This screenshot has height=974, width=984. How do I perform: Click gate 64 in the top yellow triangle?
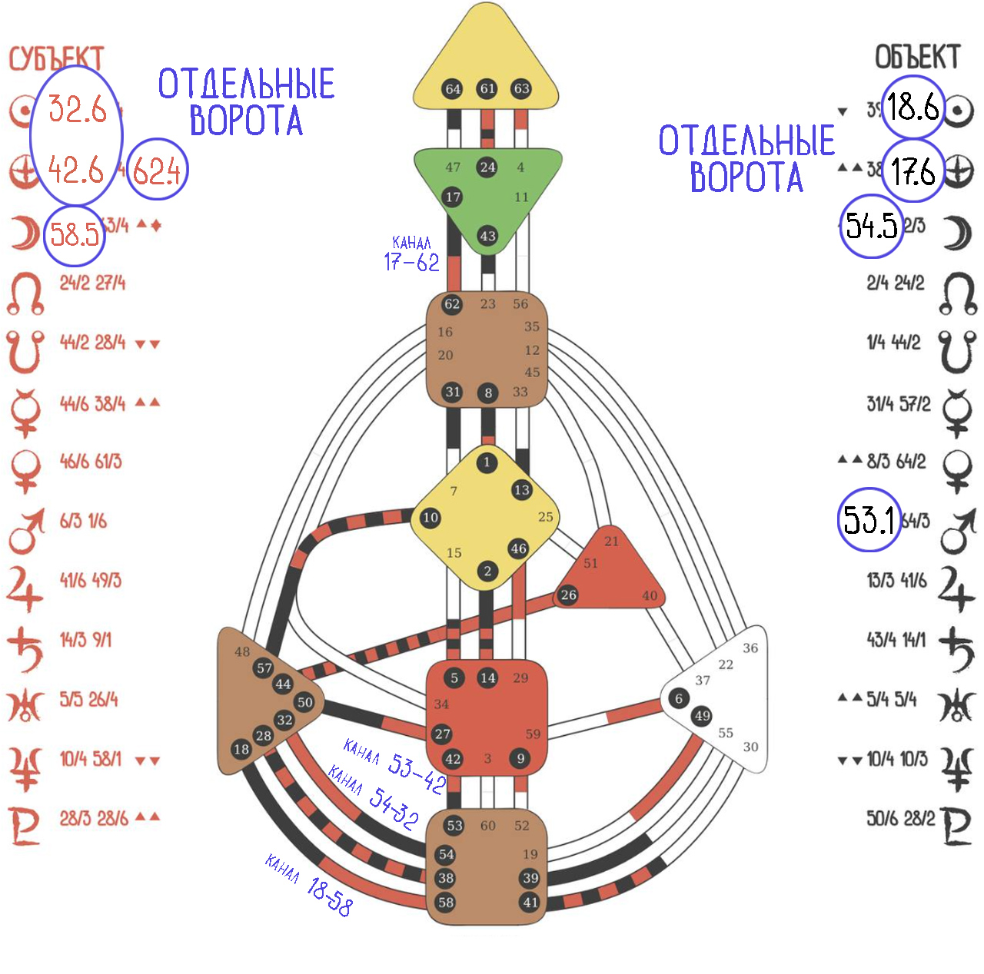click(453, 89)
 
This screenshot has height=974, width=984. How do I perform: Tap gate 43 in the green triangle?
click(487, 236)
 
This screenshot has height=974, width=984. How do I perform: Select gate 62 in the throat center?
click(452, 304)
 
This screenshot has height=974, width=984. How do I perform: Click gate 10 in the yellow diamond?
click(430, 518)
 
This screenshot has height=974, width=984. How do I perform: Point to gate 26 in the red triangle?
click(568, 595)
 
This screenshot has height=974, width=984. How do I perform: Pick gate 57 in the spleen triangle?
click(264, 668)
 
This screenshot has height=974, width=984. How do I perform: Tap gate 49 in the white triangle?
click(702, 716)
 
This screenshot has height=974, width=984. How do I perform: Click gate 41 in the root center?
click(530, 903)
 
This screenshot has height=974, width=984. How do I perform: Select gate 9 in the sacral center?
click(520, 759)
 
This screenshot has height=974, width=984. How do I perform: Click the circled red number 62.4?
click(157, 170)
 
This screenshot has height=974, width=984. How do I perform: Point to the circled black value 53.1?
click(869, 520)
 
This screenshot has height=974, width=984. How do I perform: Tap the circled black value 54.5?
click(871, 226)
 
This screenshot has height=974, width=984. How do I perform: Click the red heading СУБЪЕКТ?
click(55, 58)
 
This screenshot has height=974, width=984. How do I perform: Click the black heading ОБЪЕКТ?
click(917, 57)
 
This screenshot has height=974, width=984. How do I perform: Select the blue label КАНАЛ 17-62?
click(412, 255)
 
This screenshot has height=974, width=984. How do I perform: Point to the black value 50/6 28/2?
click(900, 818)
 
